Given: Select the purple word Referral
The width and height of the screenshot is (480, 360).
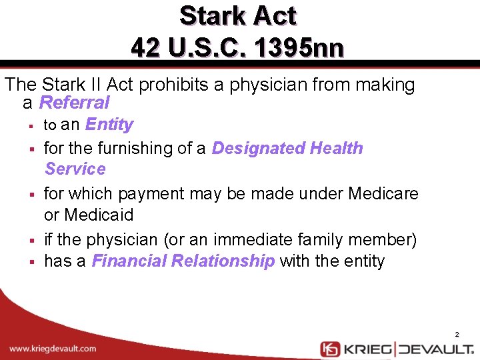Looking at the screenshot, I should coord(74,103).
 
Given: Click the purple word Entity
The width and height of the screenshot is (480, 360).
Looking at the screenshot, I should coord(109,125).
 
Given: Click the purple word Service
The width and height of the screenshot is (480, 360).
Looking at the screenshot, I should coord(75,169).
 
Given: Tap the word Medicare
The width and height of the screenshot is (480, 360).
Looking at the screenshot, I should coord(383,194).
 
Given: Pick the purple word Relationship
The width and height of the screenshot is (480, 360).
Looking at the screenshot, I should coord(223,261).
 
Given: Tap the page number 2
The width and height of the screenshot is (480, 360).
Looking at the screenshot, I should coord(457,334).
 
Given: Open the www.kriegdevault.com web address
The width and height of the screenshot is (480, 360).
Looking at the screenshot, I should coord(53,349).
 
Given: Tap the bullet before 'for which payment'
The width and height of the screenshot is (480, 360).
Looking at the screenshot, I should coord(31,195).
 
